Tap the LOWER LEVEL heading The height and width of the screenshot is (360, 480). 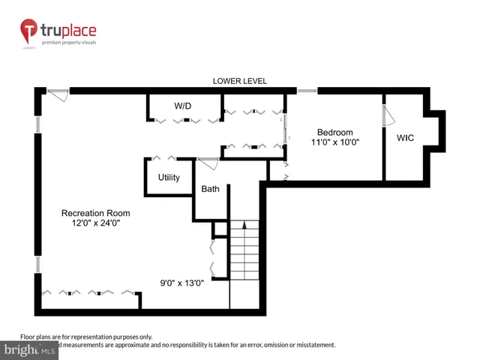point(240,81)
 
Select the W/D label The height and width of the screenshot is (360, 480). point(183,106)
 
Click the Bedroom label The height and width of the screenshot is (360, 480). point(335,133)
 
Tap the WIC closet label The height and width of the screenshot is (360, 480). point(406,137)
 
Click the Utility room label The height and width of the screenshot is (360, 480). point(169,178)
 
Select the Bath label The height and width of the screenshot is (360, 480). point(210,189)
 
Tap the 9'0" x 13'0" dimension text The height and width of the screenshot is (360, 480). point(181,283)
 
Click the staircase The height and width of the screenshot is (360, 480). point(244,262)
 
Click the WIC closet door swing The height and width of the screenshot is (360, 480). point(388,116)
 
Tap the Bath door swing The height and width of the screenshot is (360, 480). point(208,164)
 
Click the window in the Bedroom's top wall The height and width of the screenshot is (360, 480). point(307,91)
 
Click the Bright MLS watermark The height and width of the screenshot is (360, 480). point(30,350)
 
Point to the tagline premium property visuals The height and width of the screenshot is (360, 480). point(69,43)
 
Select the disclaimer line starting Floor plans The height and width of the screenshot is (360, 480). point(85,337)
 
